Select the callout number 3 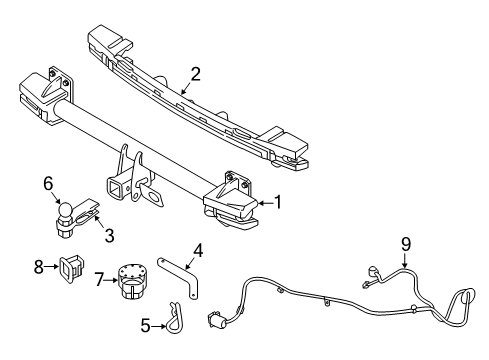coord(108,236)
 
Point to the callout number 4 coord(199,251)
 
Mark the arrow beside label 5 coord(159,325)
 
